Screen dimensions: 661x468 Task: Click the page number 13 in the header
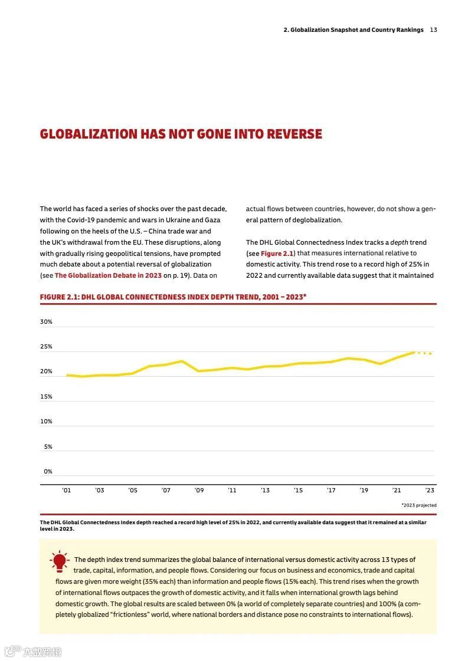click(x=433, y=30)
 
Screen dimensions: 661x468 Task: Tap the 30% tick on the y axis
click(x=46, y=322)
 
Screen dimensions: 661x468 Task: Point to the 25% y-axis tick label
click(x=46, y=347)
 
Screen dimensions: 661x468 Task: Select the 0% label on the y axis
click(x=48, y=472)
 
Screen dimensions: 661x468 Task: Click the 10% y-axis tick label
click(x=46, y=422)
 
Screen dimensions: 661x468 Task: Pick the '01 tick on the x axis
click(x=66, y=491)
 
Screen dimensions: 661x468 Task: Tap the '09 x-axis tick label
click(x=199, y=491)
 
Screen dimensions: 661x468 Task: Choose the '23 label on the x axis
click(x=430, y=491)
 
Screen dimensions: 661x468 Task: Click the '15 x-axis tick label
click(x=298, y=491)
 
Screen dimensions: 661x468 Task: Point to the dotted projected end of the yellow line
click(x=424, y=353)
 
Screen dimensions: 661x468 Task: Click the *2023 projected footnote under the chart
click(x=418, y=505)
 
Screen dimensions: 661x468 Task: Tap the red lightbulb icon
click(x=60, y=562)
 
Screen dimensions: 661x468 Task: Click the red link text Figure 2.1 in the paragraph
click(x=277, y=254)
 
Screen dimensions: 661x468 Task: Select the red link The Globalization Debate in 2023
click(x=108, y=275)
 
